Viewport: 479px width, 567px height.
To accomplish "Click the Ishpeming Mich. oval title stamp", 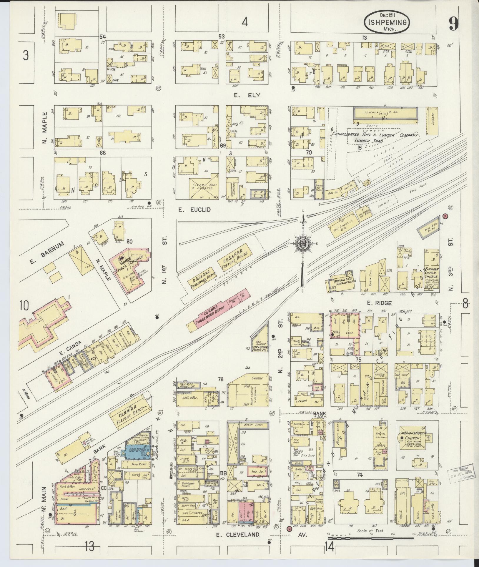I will [x=387, y=22].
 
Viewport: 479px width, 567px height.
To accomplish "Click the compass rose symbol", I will [x=302, y=243].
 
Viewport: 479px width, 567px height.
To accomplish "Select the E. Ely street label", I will [x=244, y=95].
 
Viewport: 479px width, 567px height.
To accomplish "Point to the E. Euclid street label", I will [x=194, y=209].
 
